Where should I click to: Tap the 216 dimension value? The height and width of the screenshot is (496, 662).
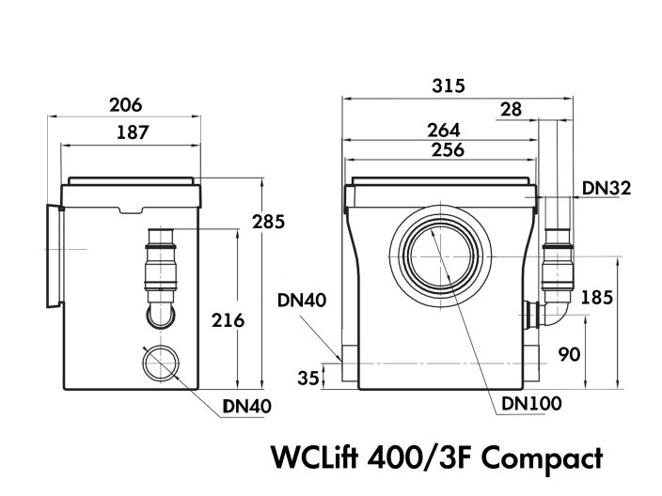tap(227, 320)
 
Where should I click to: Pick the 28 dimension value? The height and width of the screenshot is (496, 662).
tap(511, 109)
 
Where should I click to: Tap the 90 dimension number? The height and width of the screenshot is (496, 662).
tap(569, 354)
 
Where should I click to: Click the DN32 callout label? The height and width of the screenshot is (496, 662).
tap(606, 188)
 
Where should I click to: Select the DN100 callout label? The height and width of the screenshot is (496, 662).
tap(531, 404)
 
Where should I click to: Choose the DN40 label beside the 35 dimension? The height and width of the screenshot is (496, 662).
tap(303, 302)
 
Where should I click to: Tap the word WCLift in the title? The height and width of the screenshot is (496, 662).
tap(315, 458)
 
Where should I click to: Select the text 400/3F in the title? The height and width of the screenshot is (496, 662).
tap(412, 458)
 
